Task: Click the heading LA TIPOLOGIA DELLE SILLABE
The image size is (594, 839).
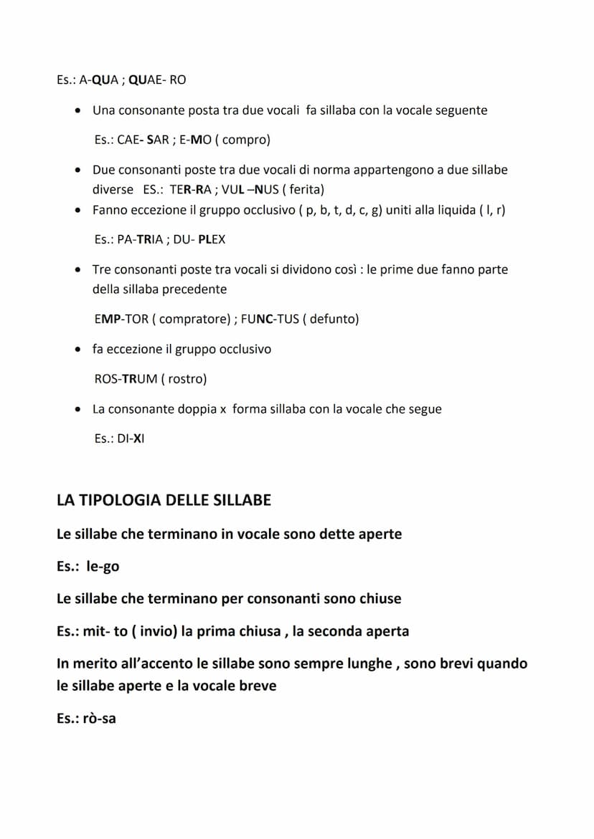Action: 164,500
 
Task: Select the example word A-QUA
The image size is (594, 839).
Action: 99,80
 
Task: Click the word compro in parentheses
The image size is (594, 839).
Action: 245,140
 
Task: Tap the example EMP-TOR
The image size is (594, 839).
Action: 120,319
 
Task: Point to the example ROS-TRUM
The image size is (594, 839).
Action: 126,378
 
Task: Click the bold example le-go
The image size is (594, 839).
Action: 103,566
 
